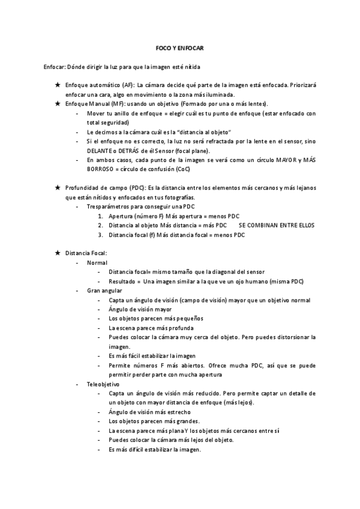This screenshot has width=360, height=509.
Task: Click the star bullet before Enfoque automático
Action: click(x=57, y=85)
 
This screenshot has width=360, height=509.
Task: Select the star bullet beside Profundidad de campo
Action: click(x=57, y=188)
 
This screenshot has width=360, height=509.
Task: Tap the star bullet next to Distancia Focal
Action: click(x=57, y=253)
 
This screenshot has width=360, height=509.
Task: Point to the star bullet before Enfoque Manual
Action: click(x=57, y=104)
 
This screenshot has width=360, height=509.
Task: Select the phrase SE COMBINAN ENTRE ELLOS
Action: click(x=277, y=225)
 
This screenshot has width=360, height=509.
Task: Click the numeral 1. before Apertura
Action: click(x=101, y=216)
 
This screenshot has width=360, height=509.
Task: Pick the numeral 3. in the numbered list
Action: click(x=101, y=235)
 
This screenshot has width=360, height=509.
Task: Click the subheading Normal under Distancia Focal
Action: click(x=97, y=263)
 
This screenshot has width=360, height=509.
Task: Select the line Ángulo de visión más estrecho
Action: click(x=151, y=412)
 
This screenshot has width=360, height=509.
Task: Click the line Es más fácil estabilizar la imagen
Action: click(x=152, y=356)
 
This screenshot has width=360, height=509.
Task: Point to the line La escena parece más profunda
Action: click(x=151, y=328)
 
